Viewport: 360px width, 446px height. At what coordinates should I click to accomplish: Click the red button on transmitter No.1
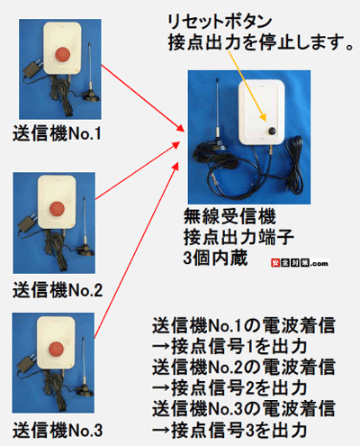65,56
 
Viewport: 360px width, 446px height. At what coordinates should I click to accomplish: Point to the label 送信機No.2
58,289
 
